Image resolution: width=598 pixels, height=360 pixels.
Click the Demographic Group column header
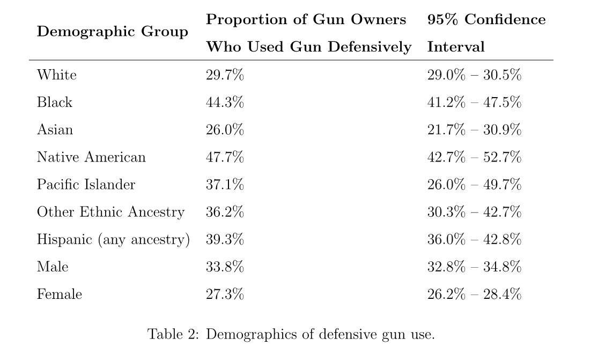coord(112,32)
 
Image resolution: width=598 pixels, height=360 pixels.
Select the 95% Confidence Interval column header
coord(486,33)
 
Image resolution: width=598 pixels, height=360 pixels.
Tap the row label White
coord(56,75)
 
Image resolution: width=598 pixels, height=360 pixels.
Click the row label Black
coord(54,102)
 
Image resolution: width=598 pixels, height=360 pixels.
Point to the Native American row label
coord(91,157)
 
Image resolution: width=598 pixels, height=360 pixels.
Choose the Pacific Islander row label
coord(86,185)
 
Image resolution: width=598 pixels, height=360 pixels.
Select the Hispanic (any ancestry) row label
coord(113,239)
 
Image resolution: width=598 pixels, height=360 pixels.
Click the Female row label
coord(59,294)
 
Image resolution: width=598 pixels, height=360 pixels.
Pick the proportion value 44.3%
coord(225,102)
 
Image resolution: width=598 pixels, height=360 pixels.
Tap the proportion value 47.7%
coord(225,157)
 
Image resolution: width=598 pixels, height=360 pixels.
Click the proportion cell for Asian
coord(225,130)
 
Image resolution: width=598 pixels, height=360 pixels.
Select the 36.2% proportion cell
coord(225,212)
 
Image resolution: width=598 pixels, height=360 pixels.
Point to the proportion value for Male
coord(225,267)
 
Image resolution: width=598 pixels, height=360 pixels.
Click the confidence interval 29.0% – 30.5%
coord(474,75)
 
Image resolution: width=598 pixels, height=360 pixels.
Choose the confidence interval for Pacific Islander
coord(474,185)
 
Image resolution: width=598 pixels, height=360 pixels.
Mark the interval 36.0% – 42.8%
coord(474,239)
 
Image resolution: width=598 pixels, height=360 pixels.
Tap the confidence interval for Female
coord(474,294)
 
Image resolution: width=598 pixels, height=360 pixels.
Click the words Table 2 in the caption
coord(173,334)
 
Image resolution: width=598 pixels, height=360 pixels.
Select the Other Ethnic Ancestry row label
coord(110,212)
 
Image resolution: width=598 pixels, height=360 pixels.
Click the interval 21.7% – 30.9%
coord(474,130)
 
